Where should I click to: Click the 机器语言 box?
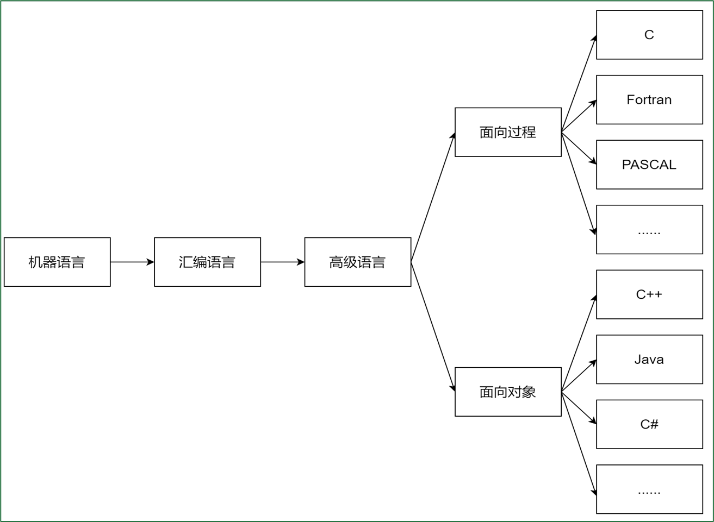[57, 262]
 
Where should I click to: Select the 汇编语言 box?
[207, 262]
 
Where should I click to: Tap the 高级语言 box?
[357, 262]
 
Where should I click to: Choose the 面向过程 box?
[508, 132]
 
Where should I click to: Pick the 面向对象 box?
[508, 392]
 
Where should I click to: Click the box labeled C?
[649, 35]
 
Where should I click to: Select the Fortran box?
[649, 100]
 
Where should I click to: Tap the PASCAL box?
[649, 165]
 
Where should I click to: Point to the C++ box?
[649, 294]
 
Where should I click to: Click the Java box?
[649, 360]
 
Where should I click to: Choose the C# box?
[649, 424]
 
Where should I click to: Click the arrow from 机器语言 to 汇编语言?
[132, 262]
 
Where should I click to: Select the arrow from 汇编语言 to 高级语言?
[282, 262]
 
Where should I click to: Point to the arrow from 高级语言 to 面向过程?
[433, 197]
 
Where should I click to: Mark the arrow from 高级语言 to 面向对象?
[433, 326]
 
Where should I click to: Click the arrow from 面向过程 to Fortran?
[579, 116]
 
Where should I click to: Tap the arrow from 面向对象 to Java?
[579, 376]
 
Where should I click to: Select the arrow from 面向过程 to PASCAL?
[579, 148]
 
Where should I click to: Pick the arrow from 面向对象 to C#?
[579, 407]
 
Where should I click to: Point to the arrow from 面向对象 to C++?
[579, 343]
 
